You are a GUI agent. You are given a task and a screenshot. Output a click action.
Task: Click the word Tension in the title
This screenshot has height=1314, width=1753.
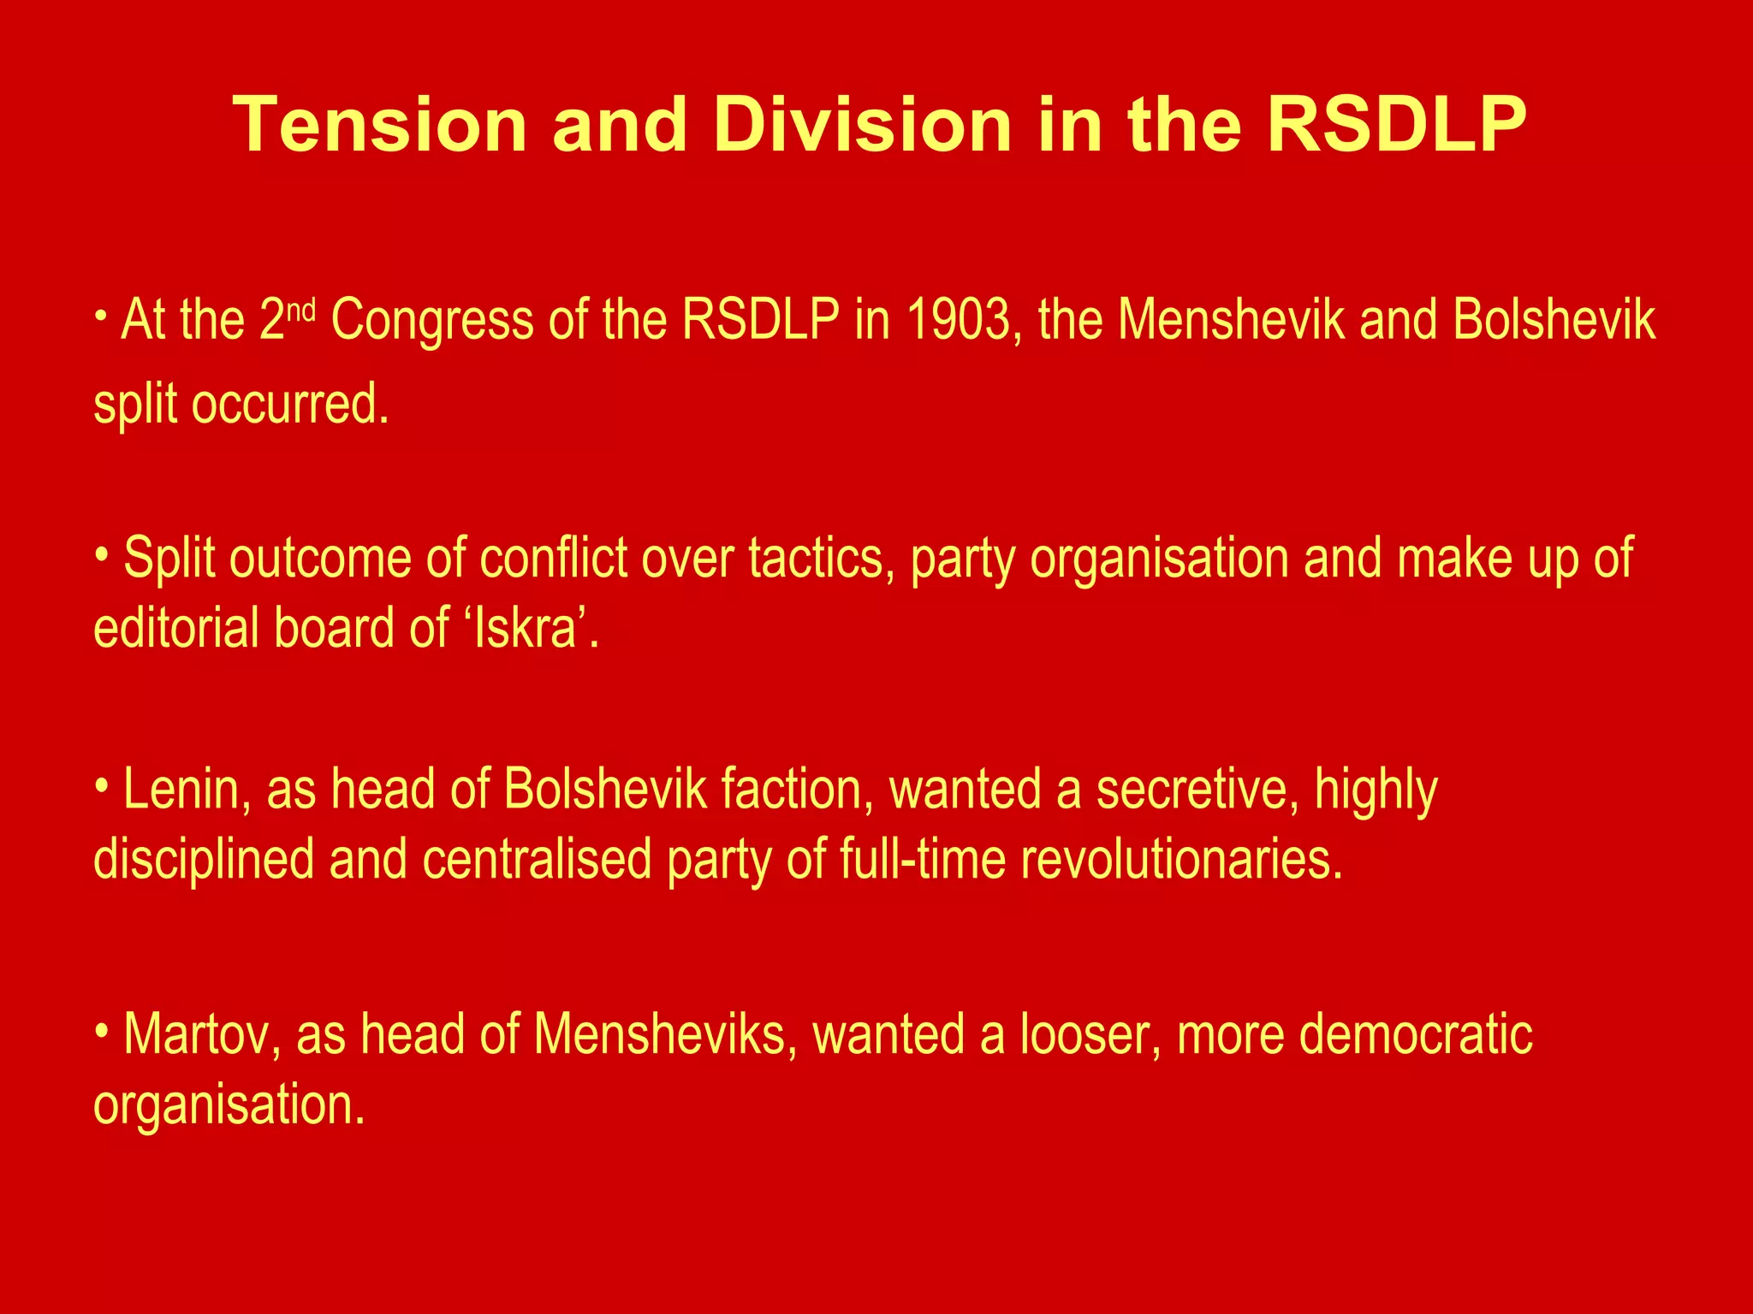pyautogui.click(x=379, y=125)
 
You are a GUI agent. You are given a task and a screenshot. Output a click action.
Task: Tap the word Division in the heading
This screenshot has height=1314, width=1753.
pyautogui.click(x=862, y=125)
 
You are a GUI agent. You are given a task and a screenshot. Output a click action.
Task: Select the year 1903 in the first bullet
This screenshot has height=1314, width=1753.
pyautogui.click(x=958, y=320)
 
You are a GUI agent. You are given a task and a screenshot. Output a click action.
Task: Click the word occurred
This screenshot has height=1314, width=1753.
pyautogui.click(x=289, y=404)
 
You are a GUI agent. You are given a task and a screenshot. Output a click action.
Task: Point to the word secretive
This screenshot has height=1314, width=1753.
pyautogui.click(x=1192, y=789)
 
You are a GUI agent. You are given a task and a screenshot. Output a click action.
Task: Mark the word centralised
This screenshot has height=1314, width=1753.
pyautogui.click(x=537, y=859)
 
